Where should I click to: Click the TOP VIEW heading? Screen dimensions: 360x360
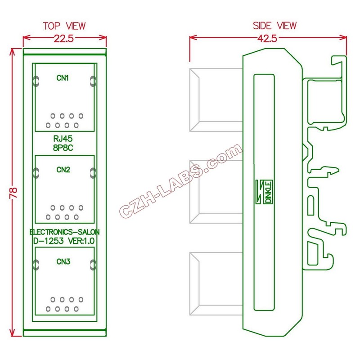coord(64,26)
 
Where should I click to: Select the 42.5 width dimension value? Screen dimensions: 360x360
coord(268,38)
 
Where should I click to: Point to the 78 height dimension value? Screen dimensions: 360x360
coord(13,193)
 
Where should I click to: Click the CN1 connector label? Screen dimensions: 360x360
coord(63,78)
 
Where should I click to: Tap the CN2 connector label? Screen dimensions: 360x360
coord(63,170)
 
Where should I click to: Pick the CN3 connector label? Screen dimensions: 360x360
coord(63,261)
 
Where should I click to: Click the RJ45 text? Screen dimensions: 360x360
coord(63,139)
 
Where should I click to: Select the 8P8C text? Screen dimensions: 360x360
coord(63,147)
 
